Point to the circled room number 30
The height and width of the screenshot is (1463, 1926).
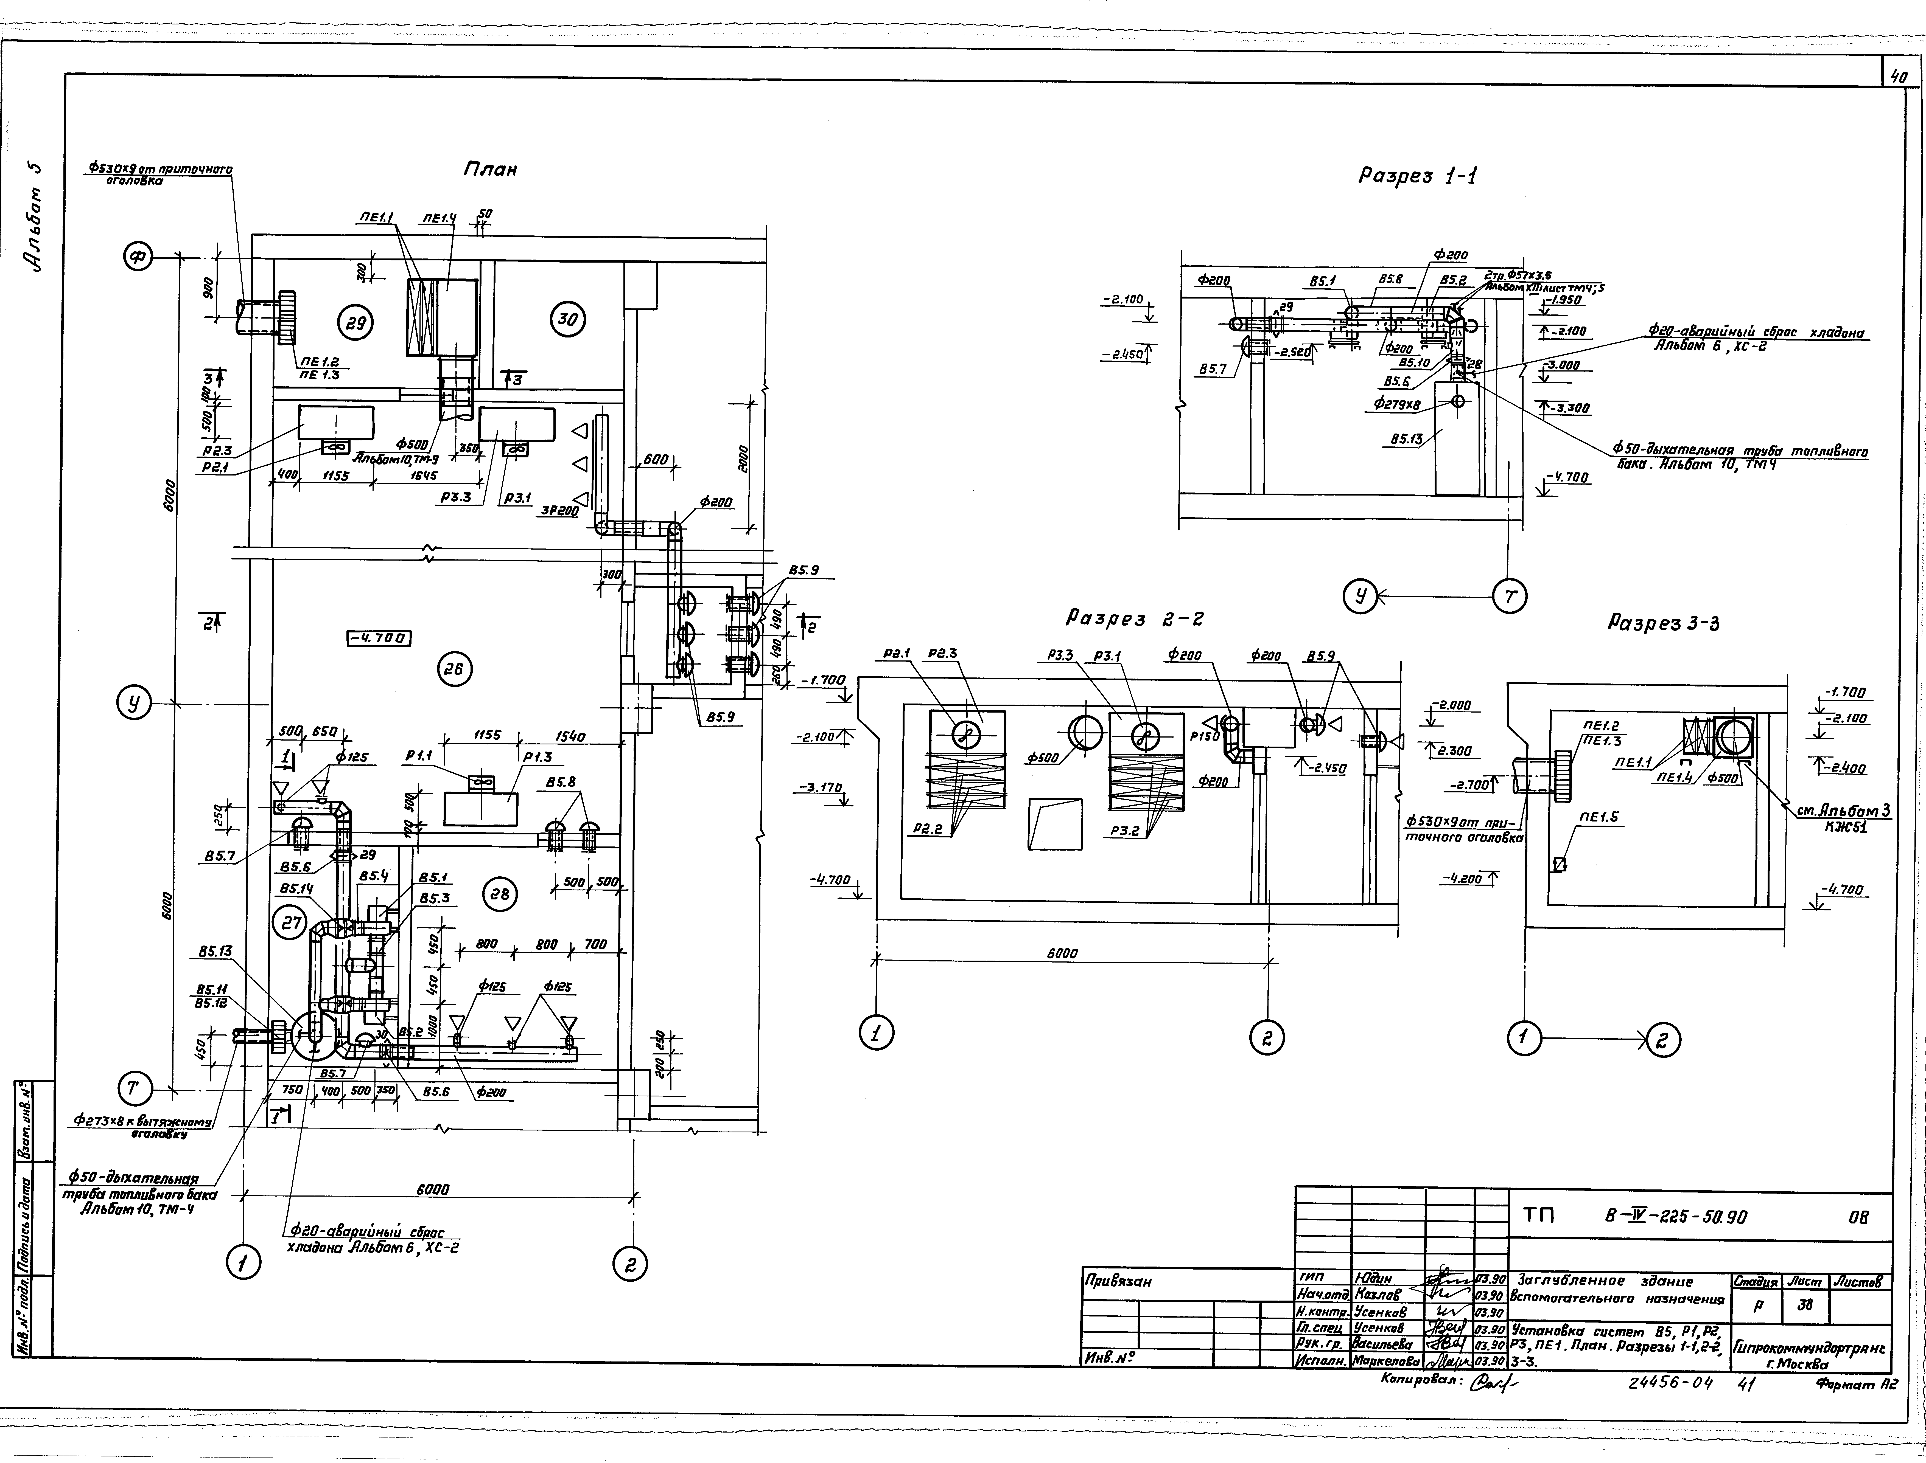coord(567,319)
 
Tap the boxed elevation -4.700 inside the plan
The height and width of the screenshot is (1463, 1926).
coord(379,638)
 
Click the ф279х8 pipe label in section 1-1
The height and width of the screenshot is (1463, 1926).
coord(1396,404)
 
